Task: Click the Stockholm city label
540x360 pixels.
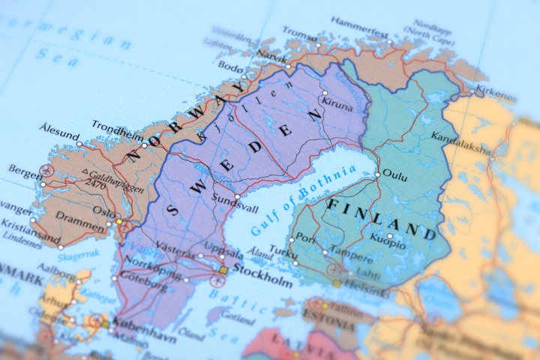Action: tap(262, 282)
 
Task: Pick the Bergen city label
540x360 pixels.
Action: tap(25, 172)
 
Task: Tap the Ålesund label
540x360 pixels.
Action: tap(59, 128)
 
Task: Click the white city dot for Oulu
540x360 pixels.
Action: tap(377, 175)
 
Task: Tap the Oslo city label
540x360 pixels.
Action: tap(103, 212)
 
